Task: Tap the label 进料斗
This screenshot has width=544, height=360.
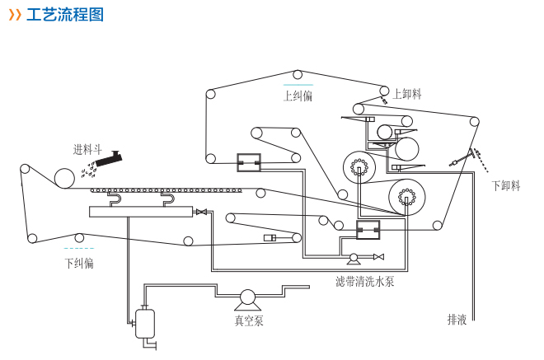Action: pyautogui.click(x=87, y=150)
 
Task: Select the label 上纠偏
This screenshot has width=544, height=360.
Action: pyautogui.click(x=298, y=96)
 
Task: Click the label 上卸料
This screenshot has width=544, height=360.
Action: pyautogui.click(x=407, y=94)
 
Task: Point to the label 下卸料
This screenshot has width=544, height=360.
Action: pyautogui.click(x=505, y=185)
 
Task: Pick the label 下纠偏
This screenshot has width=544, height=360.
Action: pyautogui.click(x=79, y=263)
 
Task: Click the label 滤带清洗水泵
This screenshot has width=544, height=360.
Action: pyautogui.click(x=364, y=282)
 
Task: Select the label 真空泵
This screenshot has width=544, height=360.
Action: pyautogui.click(x=249, y=320)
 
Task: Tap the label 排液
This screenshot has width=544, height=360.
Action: pyautogui.click(x=457, y=319)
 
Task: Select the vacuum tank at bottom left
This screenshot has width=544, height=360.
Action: pyautogui.click(x=145, y=322)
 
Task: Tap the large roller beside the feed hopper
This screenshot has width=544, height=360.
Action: pyautogui.click(x=64, y=178)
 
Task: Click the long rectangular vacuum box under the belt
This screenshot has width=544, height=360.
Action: pyautogui.click(x=141, y=212)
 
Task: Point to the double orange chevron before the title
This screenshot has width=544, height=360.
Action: pyautogui.click(x=15, y=16)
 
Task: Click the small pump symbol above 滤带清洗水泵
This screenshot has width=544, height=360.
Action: pyautogui.click(x=354, y=258)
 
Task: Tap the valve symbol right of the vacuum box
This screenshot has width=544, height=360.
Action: pyautogui.click(x=201, y=213)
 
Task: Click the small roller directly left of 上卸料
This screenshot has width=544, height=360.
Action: pyautogui.click(x=384, y=91)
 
